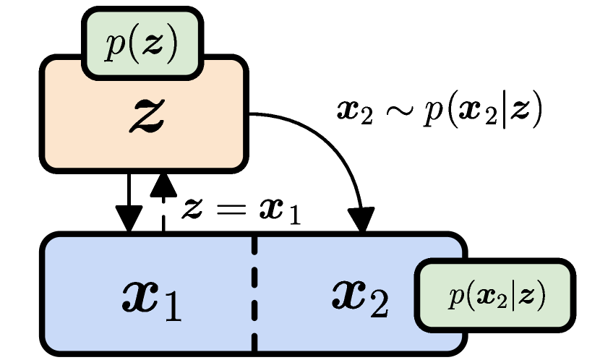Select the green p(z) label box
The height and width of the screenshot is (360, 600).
point(142,45)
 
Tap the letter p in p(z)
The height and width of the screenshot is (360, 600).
point(114,47)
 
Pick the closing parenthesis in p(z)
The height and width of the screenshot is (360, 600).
point(170,46)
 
